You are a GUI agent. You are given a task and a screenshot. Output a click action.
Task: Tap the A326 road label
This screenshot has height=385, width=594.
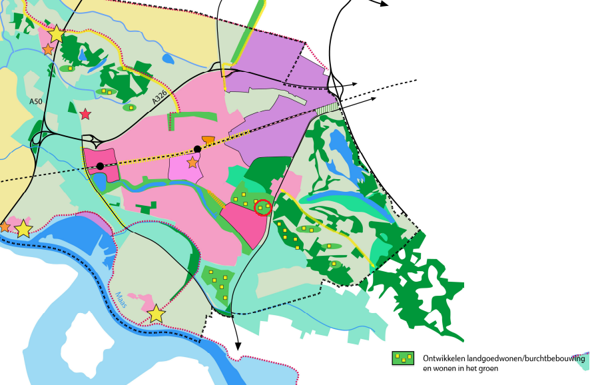(158, 97)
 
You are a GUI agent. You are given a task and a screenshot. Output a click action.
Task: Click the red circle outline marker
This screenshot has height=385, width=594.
(263, 208)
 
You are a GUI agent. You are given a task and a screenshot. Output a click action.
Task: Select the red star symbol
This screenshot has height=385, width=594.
(85, 115)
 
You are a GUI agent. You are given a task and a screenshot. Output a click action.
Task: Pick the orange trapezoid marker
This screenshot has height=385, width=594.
(208, 140)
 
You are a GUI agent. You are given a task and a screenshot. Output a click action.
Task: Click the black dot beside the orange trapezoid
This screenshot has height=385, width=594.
(197, 149)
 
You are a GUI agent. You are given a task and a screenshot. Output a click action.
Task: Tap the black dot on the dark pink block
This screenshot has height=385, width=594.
(100, 166)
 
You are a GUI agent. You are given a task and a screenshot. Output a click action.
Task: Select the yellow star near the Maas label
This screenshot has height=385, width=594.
(156, 314)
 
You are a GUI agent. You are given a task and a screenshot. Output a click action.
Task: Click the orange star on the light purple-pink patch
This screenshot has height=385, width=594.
(192, 163)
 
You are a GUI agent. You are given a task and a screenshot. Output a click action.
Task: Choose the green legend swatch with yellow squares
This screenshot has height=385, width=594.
(402, 358)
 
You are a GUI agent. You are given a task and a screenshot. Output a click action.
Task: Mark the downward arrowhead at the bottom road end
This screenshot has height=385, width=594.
(238, 345)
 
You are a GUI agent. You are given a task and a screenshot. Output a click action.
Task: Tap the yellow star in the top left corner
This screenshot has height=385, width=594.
(57, 34)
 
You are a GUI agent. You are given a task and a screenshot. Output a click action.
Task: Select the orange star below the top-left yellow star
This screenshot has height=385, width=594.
(48, 50)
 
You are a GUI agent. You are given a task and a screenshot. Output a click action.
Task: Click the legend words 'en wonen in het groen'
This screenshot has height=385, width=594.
(461, 368)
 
